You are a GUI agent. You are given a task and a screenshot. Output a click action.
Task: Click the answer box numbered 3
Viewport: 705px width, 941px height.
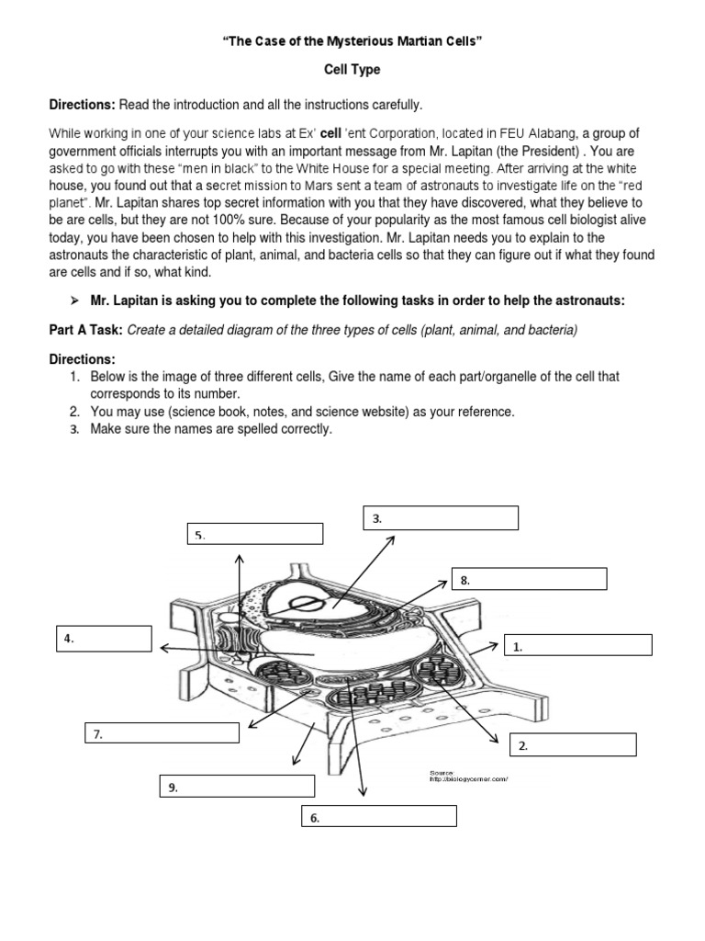tap(441, 518)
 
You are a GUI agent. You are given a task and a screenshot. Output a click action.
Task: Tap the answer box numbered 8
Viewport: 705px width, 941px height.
tap(529, 579)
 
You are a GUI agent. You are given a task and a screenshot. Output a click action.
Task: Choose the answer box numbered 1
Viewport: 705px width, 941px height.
tap(578, 645)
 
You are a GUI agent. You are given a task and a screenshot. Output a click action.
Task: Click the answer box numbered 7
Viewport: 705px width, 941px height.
tap(162, 733)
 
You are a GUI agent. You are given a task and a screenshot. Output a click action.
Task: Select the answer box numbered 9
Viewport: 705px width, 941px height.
tap(237, 786)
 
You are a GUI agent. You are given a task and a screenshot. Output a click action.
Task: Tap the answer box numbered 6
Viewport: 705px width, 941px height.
tap(379, 816)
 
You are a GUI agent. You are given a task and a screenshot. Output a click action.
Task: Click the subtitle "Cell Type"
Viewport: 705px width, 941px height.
tap(352, 70)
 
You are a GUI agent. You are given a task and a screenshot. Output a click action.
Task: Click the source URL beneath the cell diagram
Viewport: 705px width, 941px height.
tap(468, 780)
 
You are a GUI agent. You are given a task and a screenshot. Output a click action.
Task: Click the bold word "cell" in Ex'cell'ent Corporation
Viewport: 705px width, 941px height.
tap(332, 130)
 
